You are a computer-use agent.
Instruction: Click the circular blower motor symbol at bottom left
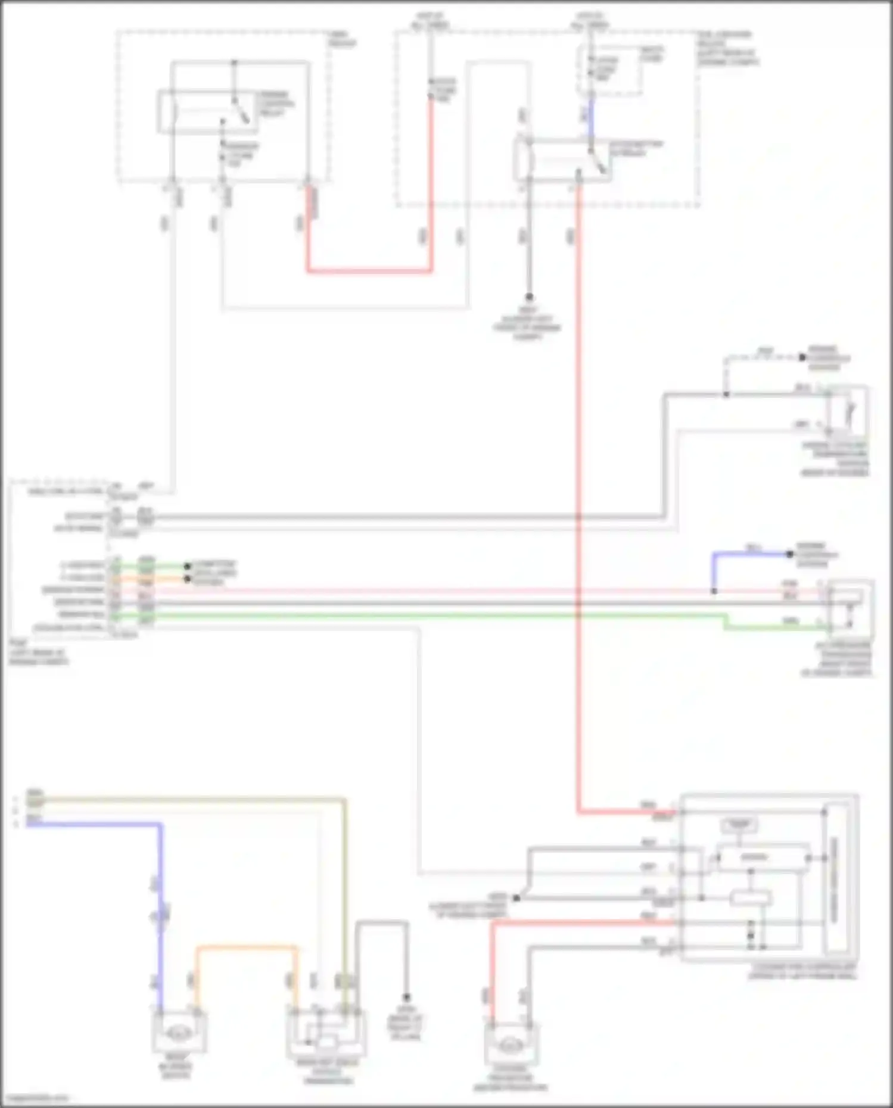177,1035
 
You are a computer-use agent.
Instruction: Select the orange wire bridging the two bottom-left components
246,947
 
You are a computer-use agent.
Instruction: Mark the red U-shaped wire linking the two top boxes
369,271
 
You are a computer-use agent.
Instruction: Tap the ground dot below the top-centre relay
528,296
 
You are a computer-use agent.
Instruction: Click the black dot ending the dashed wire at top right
802,357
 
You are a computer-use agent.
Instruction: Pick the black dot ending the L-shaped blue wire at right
789,554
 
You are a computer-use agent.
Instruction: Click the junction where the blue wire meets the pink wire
714,591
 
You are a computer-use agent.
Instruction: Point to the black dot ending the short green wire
188,566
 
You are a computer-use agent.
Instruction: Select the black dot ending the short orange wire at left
188,578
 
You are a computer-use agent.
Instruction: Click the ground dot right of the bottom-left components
406,997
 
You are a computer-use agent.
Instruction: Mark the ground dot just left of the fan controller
516,898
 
